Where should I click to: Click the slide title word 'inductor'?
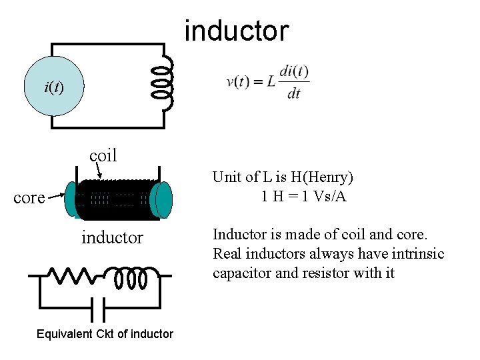click(236, 31)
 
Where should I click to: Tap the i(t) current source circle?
click(53, 87)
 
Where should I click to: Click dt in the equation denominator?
click(293, 94)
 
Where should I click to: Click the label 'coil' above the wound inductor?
click(103, 155)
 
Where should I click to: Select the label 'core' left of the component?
click(29, 198)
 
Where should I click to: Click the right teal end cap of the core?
click(162, 200)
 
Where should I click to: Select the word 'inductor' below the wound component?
click(112, 237)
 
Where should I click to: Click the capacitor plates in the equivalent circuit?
click(98, 308)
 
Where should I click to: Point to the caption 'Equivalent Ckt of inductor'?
click(105, 334)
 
